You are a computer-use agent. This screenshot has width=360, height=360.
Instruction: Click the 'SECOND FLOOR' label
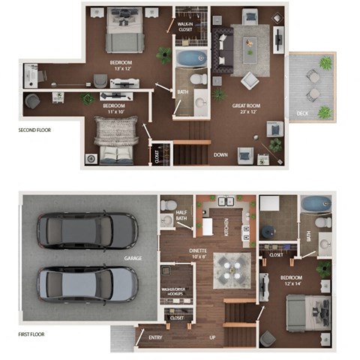coord(34,130)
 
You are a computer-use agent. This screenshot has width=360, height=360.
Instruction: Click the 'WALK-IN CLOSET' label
coord(184,26)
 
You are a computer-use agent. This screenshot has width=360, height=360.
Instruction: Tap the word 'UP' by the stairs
coord(212,338)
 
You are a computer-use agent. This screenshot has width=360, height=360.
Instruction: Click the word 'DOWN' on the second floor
coord(220,155)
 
